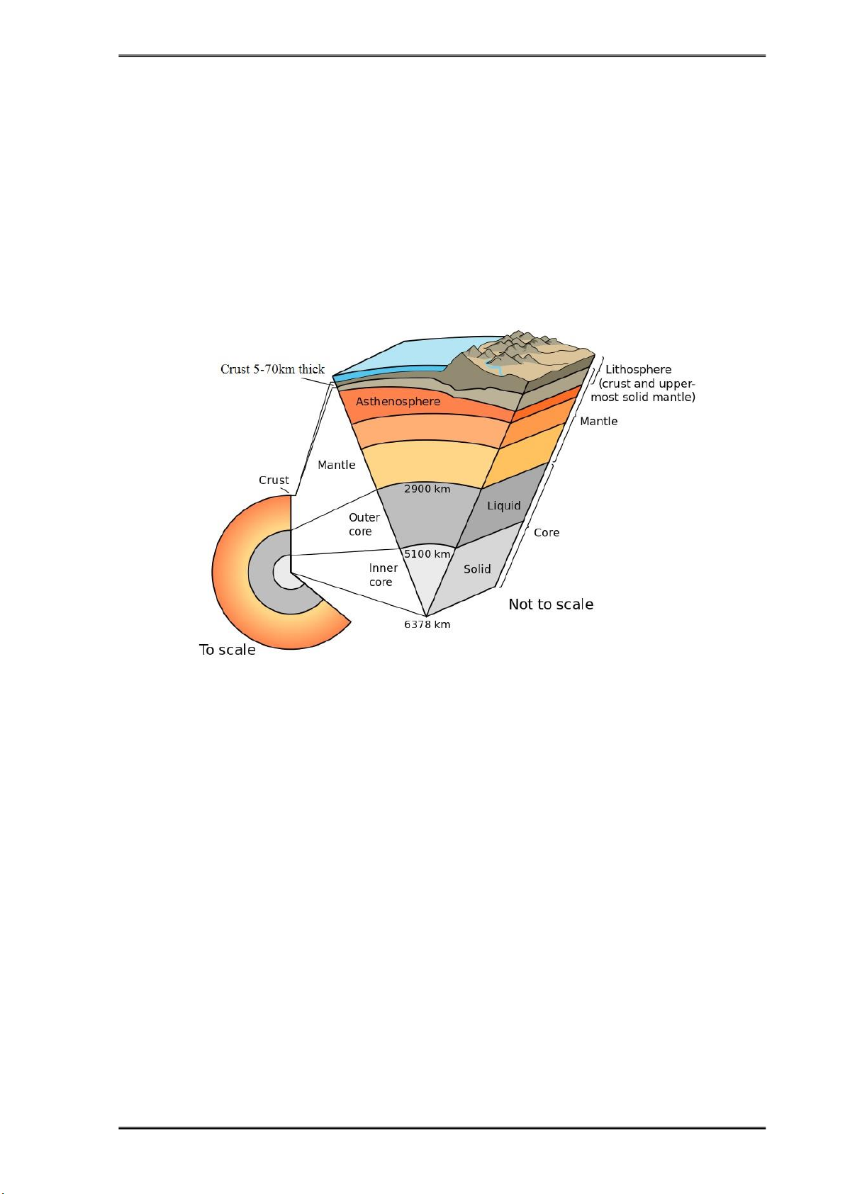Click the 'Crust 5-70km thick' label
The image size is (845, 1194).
272,369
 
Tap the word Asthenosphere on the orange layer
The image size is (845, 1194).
398,401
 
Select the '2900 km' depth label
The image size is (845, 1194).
427,489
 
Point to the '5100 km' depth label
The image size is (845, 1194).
427,554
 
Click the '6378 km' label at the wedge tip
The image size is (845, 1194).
427,624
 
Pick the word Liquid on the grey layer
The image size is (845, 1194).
503,506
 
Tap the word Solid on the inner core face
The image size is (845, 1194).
477,569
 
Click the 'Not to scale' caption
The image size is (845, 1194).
551,604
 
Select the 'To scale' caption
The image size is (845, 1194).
227,650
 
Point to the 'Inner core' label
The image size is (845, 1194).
383,575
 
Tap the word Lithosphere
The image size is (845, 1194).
638,369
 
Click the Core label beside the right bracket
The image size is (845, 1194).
547,532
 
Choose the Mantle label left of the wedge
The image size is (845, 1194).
337,465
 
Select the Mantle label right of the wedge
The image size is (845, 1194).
599,421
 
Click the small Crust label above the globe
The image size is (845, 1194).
274,480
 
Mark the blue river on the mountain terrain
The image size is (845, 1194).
494,367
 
